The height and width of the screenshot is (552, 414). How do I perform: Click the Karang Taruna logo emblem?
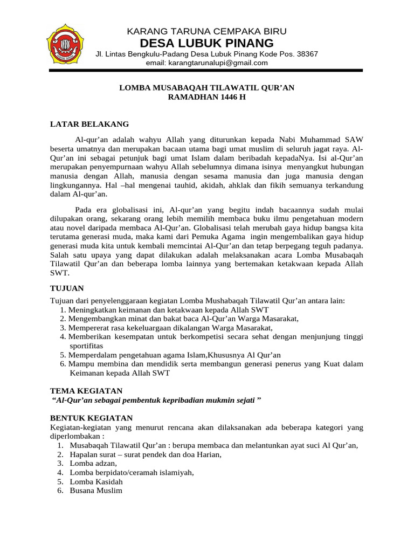click(65, 44)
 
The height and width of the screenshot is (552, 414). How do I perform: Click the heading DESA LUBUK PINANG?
click(206, 43)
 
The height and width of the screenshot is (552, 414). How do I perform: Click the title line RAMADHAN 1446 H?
click(206, 97)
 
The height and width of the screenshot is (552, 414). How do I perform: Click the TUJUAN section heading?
click(67, 288)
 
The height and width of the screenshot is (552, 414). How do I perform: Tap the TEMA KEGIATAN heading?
click(86, 390)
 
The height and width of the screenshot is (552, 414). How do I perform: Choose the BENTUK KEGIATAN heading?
click(91, 418)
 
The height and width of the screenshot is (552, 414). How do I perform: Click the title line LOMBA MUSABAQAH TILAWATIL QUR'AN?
click(206, 87)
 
